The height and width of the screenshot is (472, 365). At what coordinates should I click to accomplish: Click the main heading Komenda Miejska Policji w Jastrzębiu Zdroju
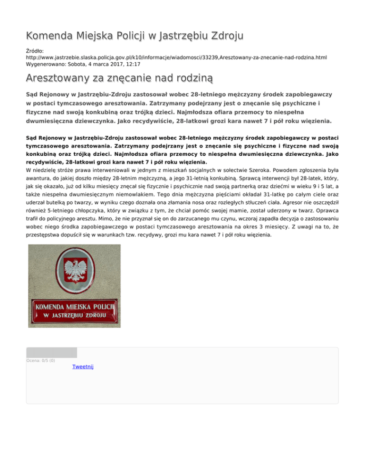tap(135, 36)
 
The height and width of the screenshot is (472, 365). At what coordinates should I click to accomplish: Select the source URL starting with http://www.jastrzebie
tap(176, 57)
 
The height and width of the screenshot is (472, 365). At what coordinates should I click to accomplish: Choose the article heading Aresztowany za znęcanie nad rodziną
tap(119, 77)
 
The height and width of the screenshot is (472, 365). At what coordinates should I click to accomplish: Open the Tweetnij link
tap(83, 367)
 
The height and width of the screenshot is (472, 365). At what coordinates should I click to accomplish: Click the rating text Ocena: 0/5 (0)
tap(41, 360)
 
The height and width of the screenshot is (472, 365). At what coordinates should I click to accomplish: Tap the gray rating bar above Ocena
tap(51, 352)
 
